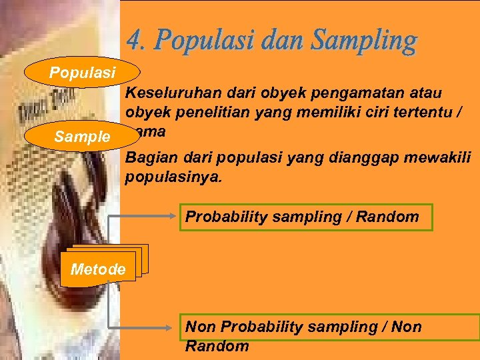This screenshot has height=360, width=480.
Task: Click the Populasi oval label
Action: [83, 72]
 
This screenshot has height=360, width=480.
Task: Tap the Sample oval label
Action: [83, 137]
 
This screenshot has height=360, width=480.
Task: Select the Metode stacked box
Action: [98, 269]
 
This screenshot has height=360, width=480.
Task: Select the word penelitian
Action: [201, 112]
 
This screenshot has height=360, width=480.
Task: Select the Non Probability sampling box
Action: [331, 327]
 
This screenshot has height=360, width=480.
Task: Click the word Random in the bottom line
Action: [217, 347]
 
